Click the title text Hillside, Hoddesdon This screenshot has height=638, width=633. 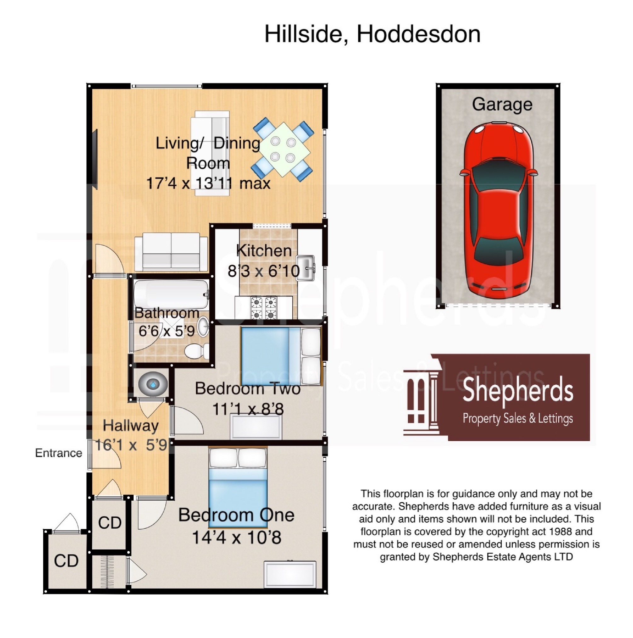[372, 34]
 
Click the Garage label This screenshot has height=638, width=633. [502, 104]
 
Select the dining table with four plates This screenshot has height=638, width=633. [283, 150]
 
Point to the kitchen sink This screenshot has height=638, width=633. [305, 268]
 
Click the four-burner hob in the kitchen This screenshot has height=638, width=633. [263, 308]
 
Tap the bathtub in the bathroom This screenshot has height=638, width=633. [171, 294]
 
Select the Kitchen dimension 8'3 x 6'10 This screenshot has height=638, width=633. [263, 271]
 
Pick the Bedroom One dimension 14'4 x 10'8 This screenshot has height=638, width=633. [236, 537]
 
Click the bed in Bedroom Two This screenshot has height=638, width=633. [281, 356]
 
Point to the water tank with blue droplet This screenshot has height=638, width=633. [153, 384]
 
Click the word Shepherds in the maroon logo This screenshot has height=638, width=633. [517, 391]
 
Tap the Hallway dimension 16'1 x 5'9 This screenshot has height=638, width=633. [131, 445]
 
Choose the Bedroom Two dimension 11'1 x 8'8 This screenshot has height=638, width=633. [248, 409]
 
